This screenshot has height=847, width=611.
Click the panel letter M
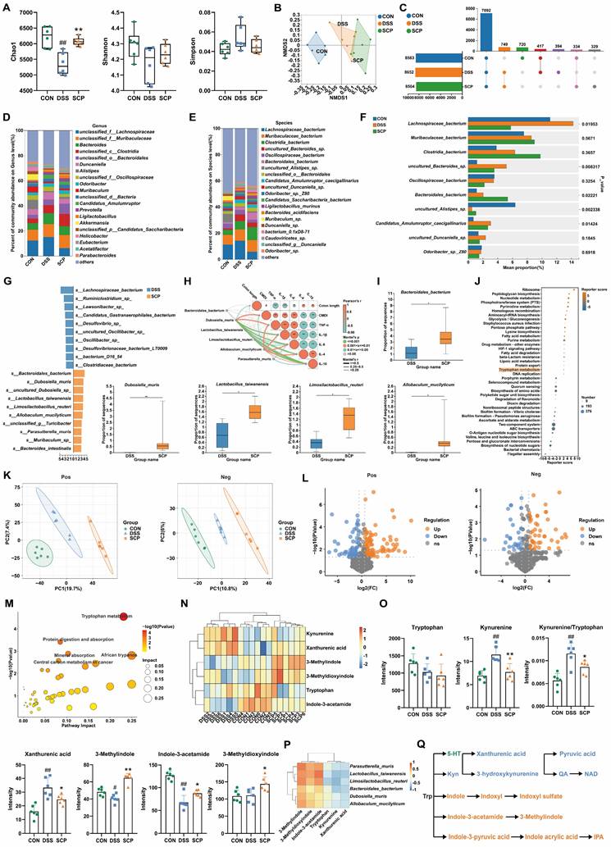click(x=7, y=576)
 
